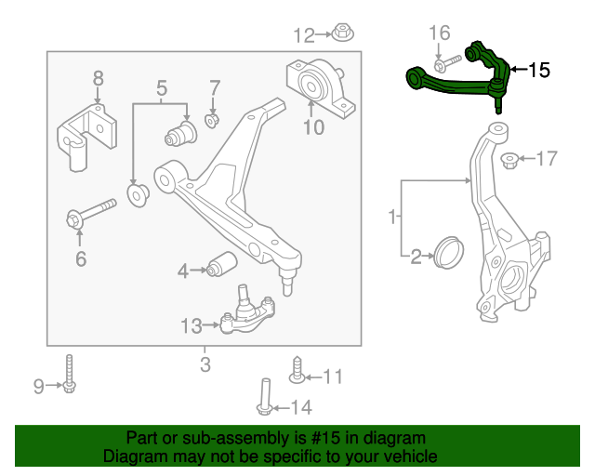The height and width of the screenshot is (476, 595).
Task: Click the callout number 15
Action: tap(540, 70)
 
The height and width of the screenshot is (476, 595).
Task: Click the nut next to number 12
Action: tap(341, 33)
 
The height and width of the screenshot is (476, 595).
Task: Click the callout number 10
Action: tap(313, 126)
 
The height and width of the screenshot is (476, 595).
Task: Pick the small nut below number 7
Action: tap(212, 121)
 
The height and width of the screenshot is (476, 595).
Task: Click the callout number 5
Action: tap(161, 89)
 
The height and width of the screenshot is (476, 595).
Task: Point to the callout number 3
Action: tap(205, 364)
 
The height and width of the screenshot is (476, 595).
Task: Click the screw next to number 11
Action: tap(296, 369)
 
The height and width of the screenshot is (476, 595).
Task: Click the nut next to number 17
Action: tap(509, 162)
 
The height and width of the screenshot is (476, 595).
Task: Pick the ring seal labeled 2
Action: tap(450, 251)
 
